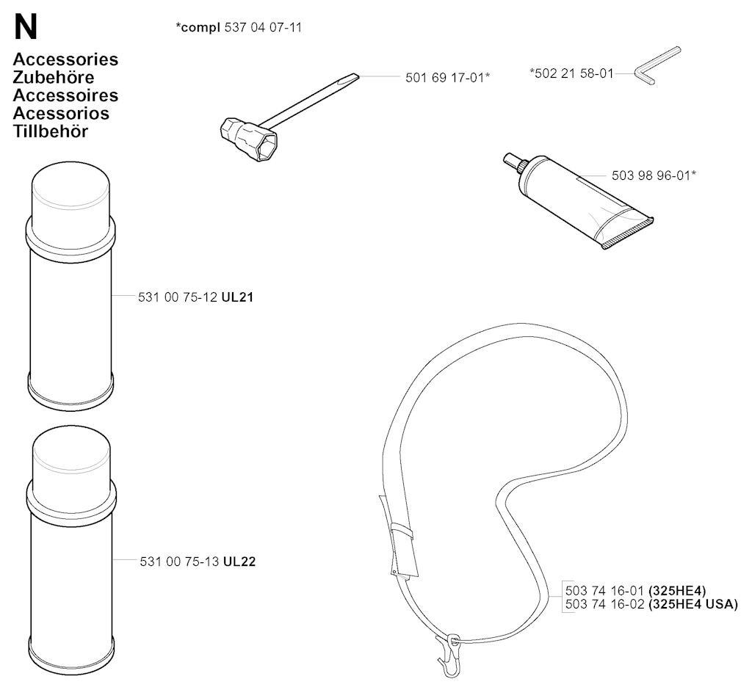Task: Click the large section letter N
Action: click(x=25, y=28)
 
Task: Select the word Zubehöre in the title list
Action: click(x=54, y=77)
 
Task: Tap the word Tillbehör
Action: click(x=50, y=131)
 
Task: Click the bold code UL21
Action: click(x=237, y=297)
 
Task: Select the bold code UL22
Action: click(x=239, y=562)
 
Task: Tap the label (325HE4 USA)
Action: click(x=693, y=604)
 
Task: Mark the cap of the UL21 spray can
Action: click(x=70, y=191)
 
